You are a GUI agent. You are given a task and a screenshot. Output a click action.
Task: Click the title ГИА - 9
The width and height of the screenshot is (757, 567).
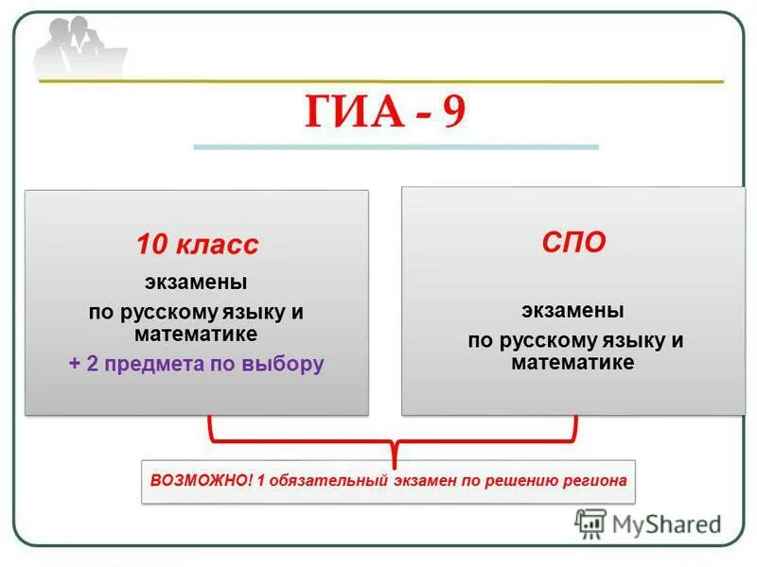click(385, 112)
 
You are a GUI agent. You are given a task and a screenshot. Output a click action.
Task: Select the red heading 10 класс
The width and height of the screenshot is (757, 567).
click(196, 246)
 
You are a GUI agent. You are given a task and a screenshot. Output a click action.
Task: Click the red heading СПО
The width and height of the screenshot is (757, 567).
click(573, 242)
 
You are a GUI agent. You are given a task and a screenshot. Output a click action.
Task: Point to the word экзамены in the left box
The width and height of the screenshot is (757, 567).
click(196, 283)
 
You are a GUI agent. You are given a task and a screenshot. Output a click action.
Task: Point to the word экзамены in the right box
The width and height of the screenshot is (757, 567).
click(573, 311)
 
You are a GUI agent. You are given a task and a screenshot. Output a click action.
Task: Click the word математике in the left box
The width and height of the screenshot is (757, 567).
click(196, 335)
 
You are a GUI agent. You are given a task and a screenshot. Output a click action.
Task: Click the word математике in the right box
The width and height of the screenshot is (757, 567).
click(573, 362)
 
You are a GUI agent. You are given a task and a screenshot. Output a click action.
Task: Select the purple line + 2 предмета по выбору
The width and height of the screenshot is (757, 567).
click(196, 364)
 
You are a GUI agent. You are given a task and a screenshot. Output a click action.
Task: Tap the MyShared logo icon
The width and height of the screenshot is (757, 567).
click(590, 524)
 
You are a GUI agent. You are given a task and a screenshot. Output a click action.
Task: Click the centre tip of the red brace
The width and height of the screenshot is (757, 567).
click(393, 453)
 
